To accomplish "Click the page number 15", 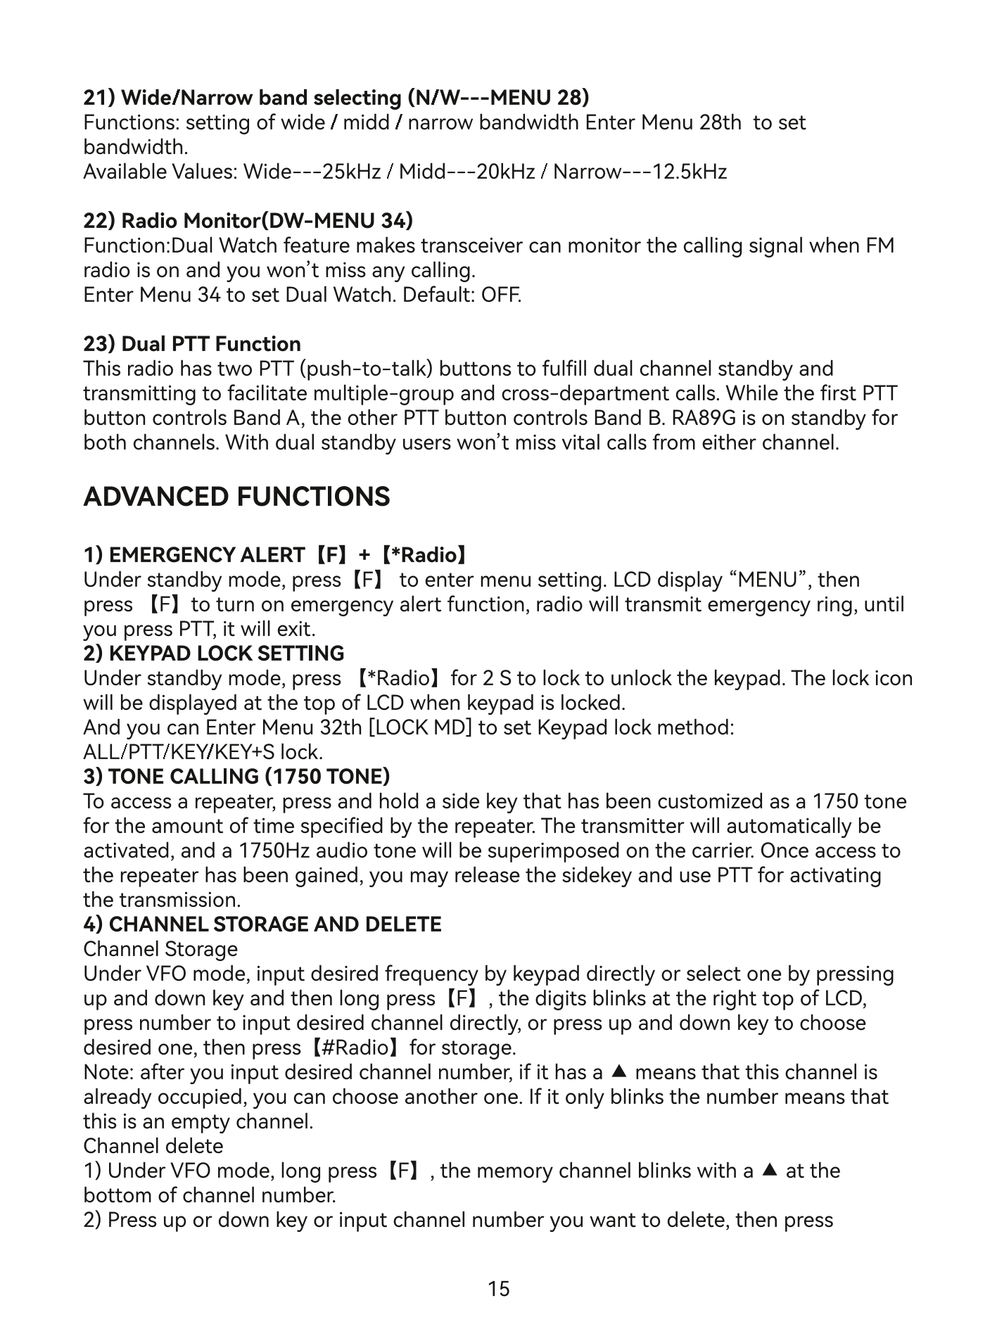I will point(498,1288).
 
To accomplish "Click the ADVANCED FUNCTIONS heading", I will point(236,497).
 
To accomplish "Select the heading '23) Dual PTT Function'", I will point(192,344).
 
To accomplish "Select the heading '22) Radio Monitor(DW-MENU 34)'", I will point(248,221).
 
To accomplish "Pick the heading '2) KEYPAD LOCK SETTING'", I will point(214,654).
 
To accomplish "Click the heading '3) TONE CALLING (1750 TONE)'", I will point(236,777).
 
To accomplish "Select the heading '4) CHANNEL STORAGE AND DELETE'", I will point(262,924).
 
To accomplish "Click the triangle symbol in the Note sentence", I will point(618,1072).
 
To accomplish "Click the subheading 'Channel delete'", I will point(153,1146).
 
